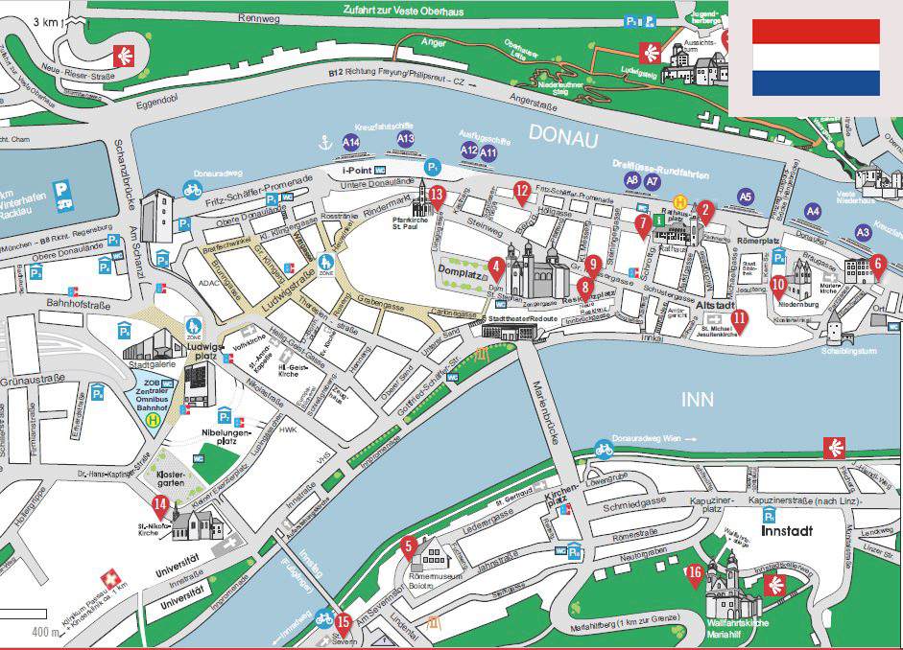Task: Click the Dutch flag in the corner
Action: pyautogui.click(x=816, y=58)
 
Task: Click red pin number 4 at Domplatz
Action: pyautogui.click(x=495, y=267)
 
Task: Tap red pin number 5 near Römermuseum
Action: pyautogui.click(x=408, y=547)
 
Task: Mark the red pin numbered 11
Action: pyautogui.click(x=739, y=319)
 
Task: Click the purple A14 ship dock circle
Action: pyautogui.click(x=351, y=143)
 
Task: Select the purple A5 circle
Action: pyautogui.click(x=746, y=196)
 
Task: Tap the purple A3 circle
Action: pyautogui.click(x=863, y=232)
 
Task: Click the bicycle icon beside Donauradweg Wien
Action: pyautogui.click(x=604, y=448)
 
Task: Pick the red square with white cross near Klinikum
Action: pyautogui.click(x=112, y=578)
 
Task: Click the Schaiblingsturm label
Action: pyautogui.click(x=850, y=351)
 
